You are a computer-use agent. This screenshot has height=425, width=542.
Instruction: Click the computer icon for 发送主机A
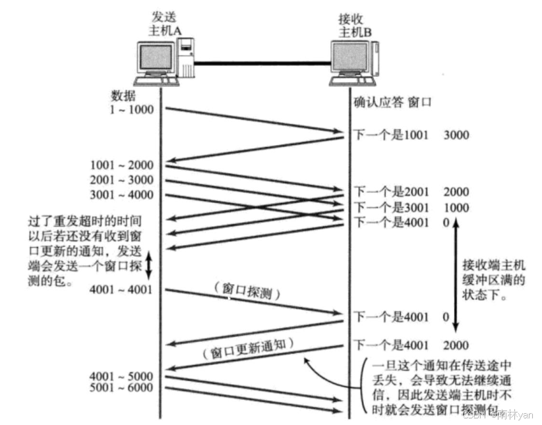tap(165, 62)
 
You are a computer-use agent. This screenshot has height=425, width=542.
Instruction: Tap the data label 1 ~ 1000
tap(132, 109)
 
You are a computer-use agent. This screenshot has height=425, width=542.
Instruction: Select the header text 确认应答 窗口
tap(392, 103)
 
